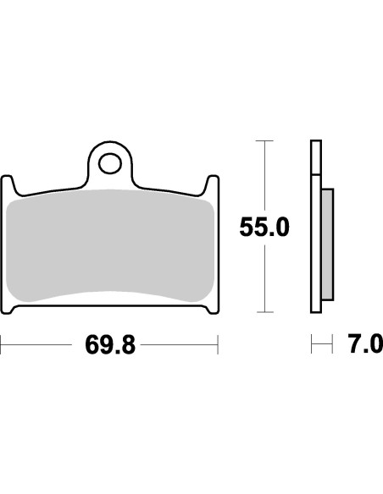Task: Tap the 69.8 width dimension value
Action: click(109, 345)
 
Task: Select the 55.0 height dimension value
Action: click(264, 228)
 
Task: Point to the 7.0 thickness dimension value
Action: click(364, 345)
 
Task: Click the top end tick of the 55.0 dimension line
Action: click(265, 140)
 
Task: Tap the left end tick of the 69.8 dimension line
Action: click(2, 345)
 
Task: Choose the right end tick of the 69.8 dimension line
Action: click(219, 345)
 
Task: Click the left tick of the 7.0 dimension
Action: click(313, 345)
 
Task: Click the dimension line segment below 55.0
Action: click(265, 279)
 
